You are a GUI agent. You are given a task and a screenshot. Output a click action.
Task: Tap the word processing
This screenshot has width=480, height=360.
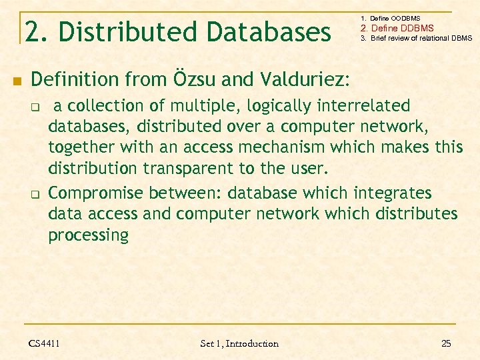click(x=88, y=235)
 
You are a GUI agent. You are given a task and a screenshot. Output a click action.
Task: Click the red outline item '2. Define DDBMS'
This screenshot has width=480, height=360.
click(x=397, y=28)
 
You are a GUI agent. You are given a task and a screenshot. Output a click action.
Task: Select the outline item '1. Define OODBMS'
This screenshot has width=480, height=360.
click(x=390, y=18)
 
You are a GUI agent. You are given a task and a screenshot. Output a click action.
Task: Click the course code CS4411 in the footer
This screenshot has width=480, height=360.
click(x=44, y=343)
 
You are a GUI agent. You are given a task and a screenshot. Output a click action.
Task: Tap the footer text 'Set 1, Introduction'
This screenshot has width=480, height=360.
click(x=239, y=343)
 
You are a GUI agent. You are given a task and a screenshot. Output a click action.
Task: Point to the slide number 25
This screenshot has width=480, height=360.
click(x=446, y=343)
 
